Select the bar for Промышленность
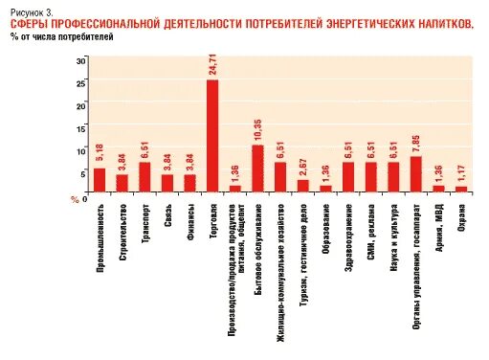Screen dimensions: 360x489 (x=99, y=180)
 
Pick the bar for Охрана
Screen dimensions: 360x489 (x=461, y=189)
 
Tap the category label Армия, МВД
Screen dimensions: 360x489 (x=438, y=224)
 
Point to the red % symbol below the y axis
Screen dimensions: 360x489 (x=74, y=198)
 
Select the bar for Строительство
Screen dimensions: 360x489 (x=122, y=183)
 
